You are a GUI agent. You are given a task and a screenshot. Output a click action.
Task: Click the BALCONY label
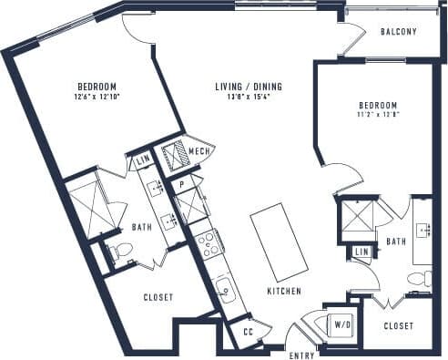tap(398, 32)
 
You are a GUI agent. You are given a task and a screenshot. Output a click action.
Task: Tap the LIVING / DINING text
tap(249, 87)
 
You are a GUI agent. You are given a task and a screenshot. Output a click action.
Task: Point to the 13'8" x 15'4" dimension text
tap(249, 98)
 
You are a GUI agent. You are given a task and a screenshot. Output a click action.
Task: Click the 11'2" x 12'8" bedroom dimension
tap(377, 115)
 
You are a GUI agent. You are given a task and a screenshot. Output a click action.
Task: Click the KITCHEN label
tap(284, 292)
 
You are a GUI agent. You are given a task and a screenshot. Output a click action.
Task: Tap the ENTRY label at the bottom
tap(302, 354)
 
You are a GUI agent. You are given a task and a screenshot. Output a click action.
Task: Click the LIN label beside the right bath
tap(361, 251)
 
